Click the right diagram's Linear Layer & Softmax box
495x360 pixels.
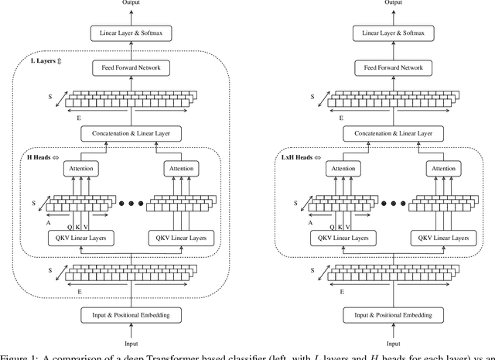coord(394,33)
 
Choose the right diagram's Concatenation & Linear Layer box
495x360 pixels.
coord(394,134)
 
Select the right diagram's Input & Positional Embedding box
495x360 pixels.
coord(394,316)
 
